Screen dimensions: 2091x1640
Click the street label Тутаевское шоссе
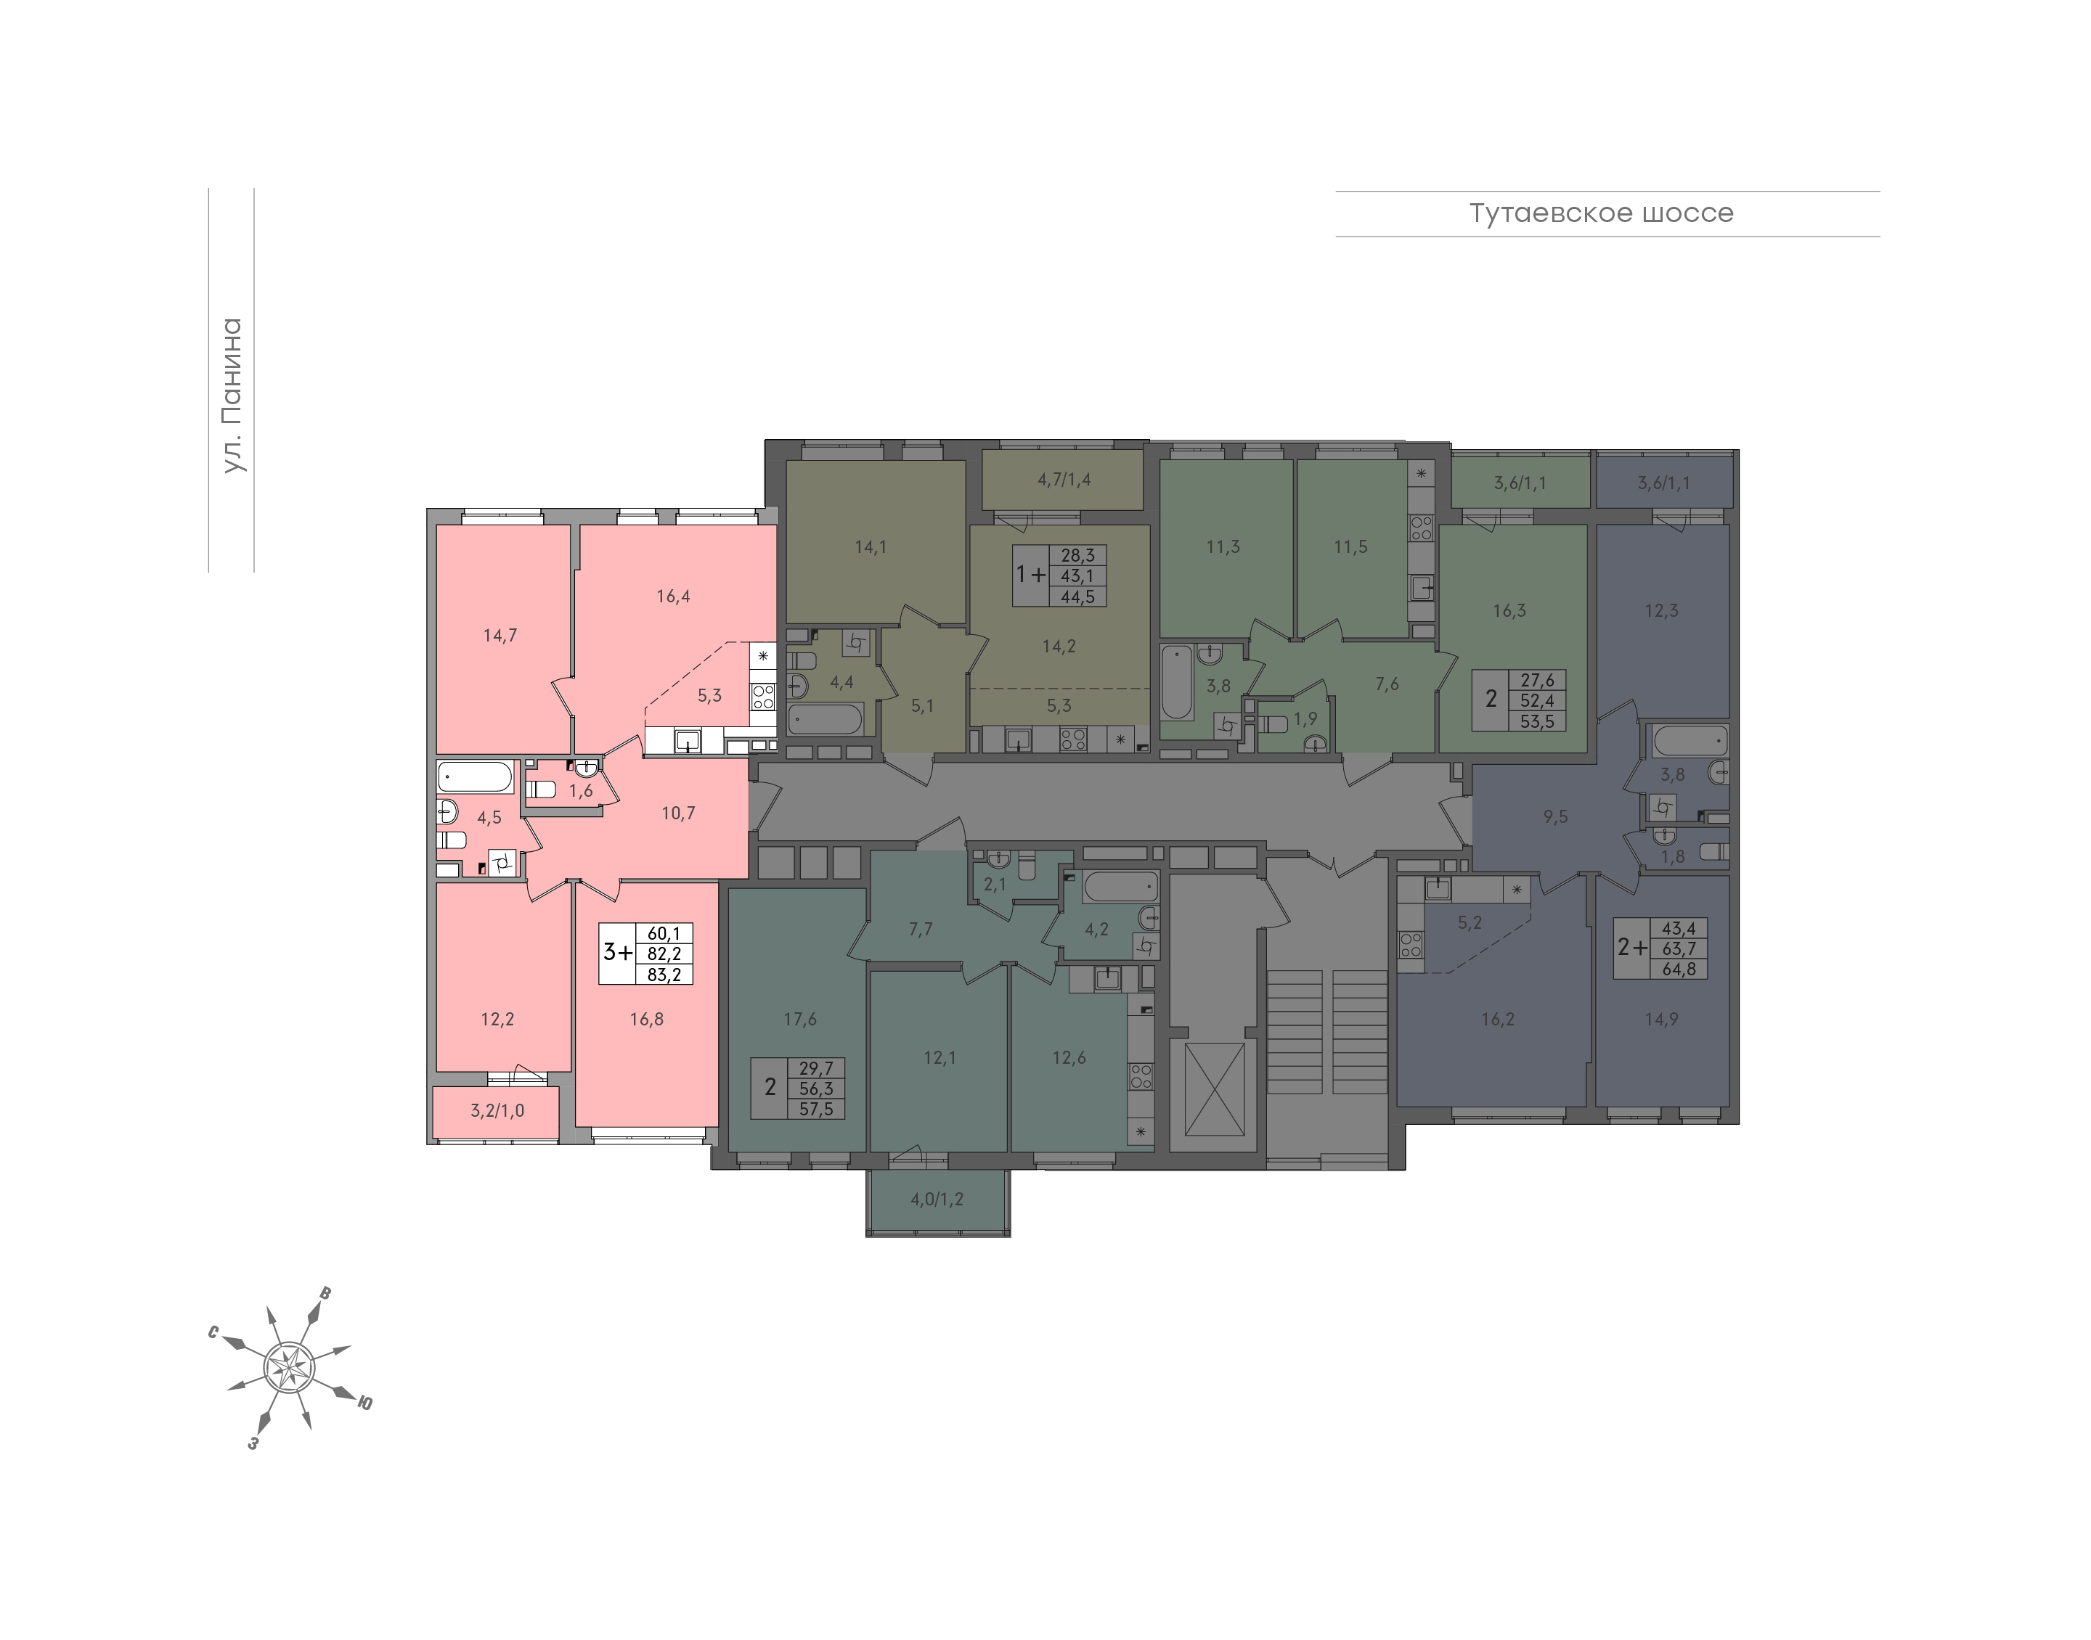(x=1601, y=213)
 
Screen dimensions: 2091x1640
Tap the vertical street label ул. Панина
(x=232, y=395)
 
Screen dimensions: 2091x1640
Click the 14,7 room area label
(x=500, y=635)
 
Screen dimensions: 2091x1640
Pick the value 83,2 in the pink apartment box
(x=664, y=975)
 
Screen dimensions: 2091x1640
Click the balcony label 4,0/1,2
(x=937, y=1200)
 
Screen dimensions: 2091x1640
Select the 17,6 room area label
(x=799, y=1019)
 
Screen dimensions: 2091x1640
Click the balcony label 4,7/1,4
(x=1063, y=479)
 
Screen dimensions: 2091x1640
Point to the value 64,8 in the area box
(x=1679, y=969)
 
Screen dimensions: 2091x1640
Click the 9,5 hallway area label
(x=1555, y=816)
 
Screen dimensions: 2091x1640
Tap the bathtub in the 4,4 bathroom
(x=826, y=718)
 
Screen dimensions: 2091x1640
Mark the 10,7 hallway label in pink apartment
(x=678, y=813)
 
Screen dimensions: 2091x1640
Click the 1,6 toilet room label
(x=580, y=791)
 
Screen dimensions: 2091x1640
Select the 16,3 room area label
(x=1509, y=611)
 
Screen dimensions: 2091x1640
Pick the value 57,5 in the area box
(x=816, y=1109)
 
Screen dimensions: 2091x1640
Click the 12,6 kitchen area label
(x=1069, y=1057)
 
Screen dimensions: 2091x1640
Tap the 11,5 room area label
(x=1350, y=546)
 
